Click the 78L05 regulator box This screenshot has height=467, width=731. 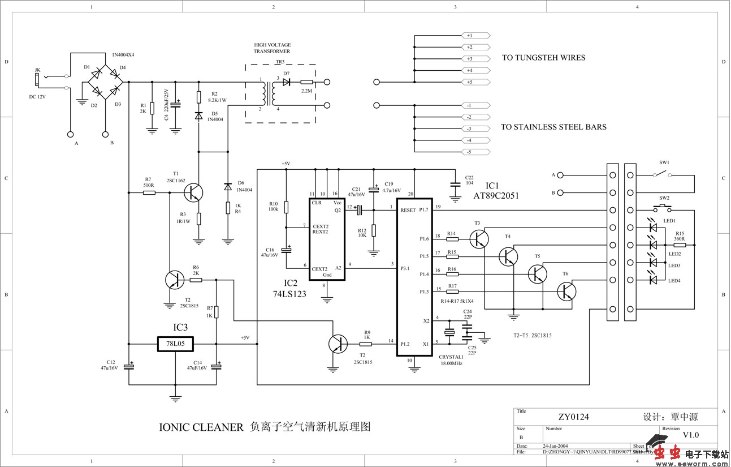[175, 344]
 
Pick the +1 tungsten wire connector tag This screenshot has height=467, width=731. [475, 35]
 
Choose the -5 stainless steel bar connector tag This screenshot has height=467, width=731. [475, 152]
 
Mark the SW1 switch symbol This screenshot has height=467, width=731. [663, 175]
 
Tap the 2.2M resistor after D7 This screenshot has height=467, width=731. [307, 82]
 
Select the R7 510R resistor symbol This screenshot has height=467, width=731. [149, 192]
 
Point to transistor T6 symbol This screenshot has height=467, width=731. [566, 292]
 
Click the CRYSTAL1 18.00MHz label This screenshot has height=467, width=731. [451, 359]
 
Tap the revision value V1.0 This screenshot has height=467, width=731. [690, 435]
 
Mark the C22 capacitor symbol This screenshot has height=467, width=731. [453, 184]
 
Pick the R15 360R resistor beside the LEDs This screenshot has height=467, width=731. [678, 245]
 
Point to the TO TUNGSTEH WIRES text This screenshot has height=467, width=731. [543, 58]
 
